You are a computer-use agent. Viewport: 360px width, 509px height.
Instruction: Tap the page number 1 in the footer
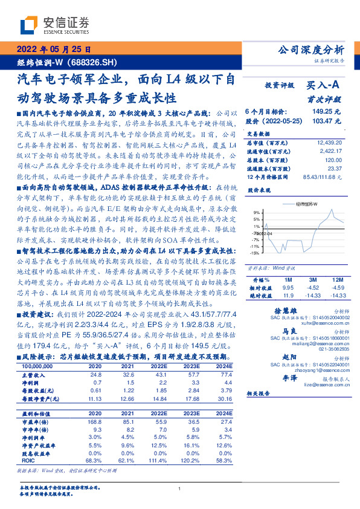click(180, 489)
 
